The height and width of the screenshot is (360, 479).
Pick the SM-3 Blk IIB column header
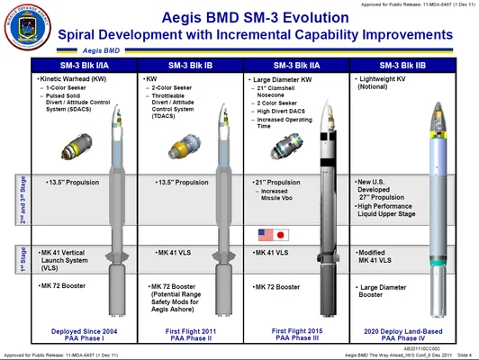point(404,65)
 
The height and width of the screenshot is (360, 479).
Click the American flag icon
point(267,235)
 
